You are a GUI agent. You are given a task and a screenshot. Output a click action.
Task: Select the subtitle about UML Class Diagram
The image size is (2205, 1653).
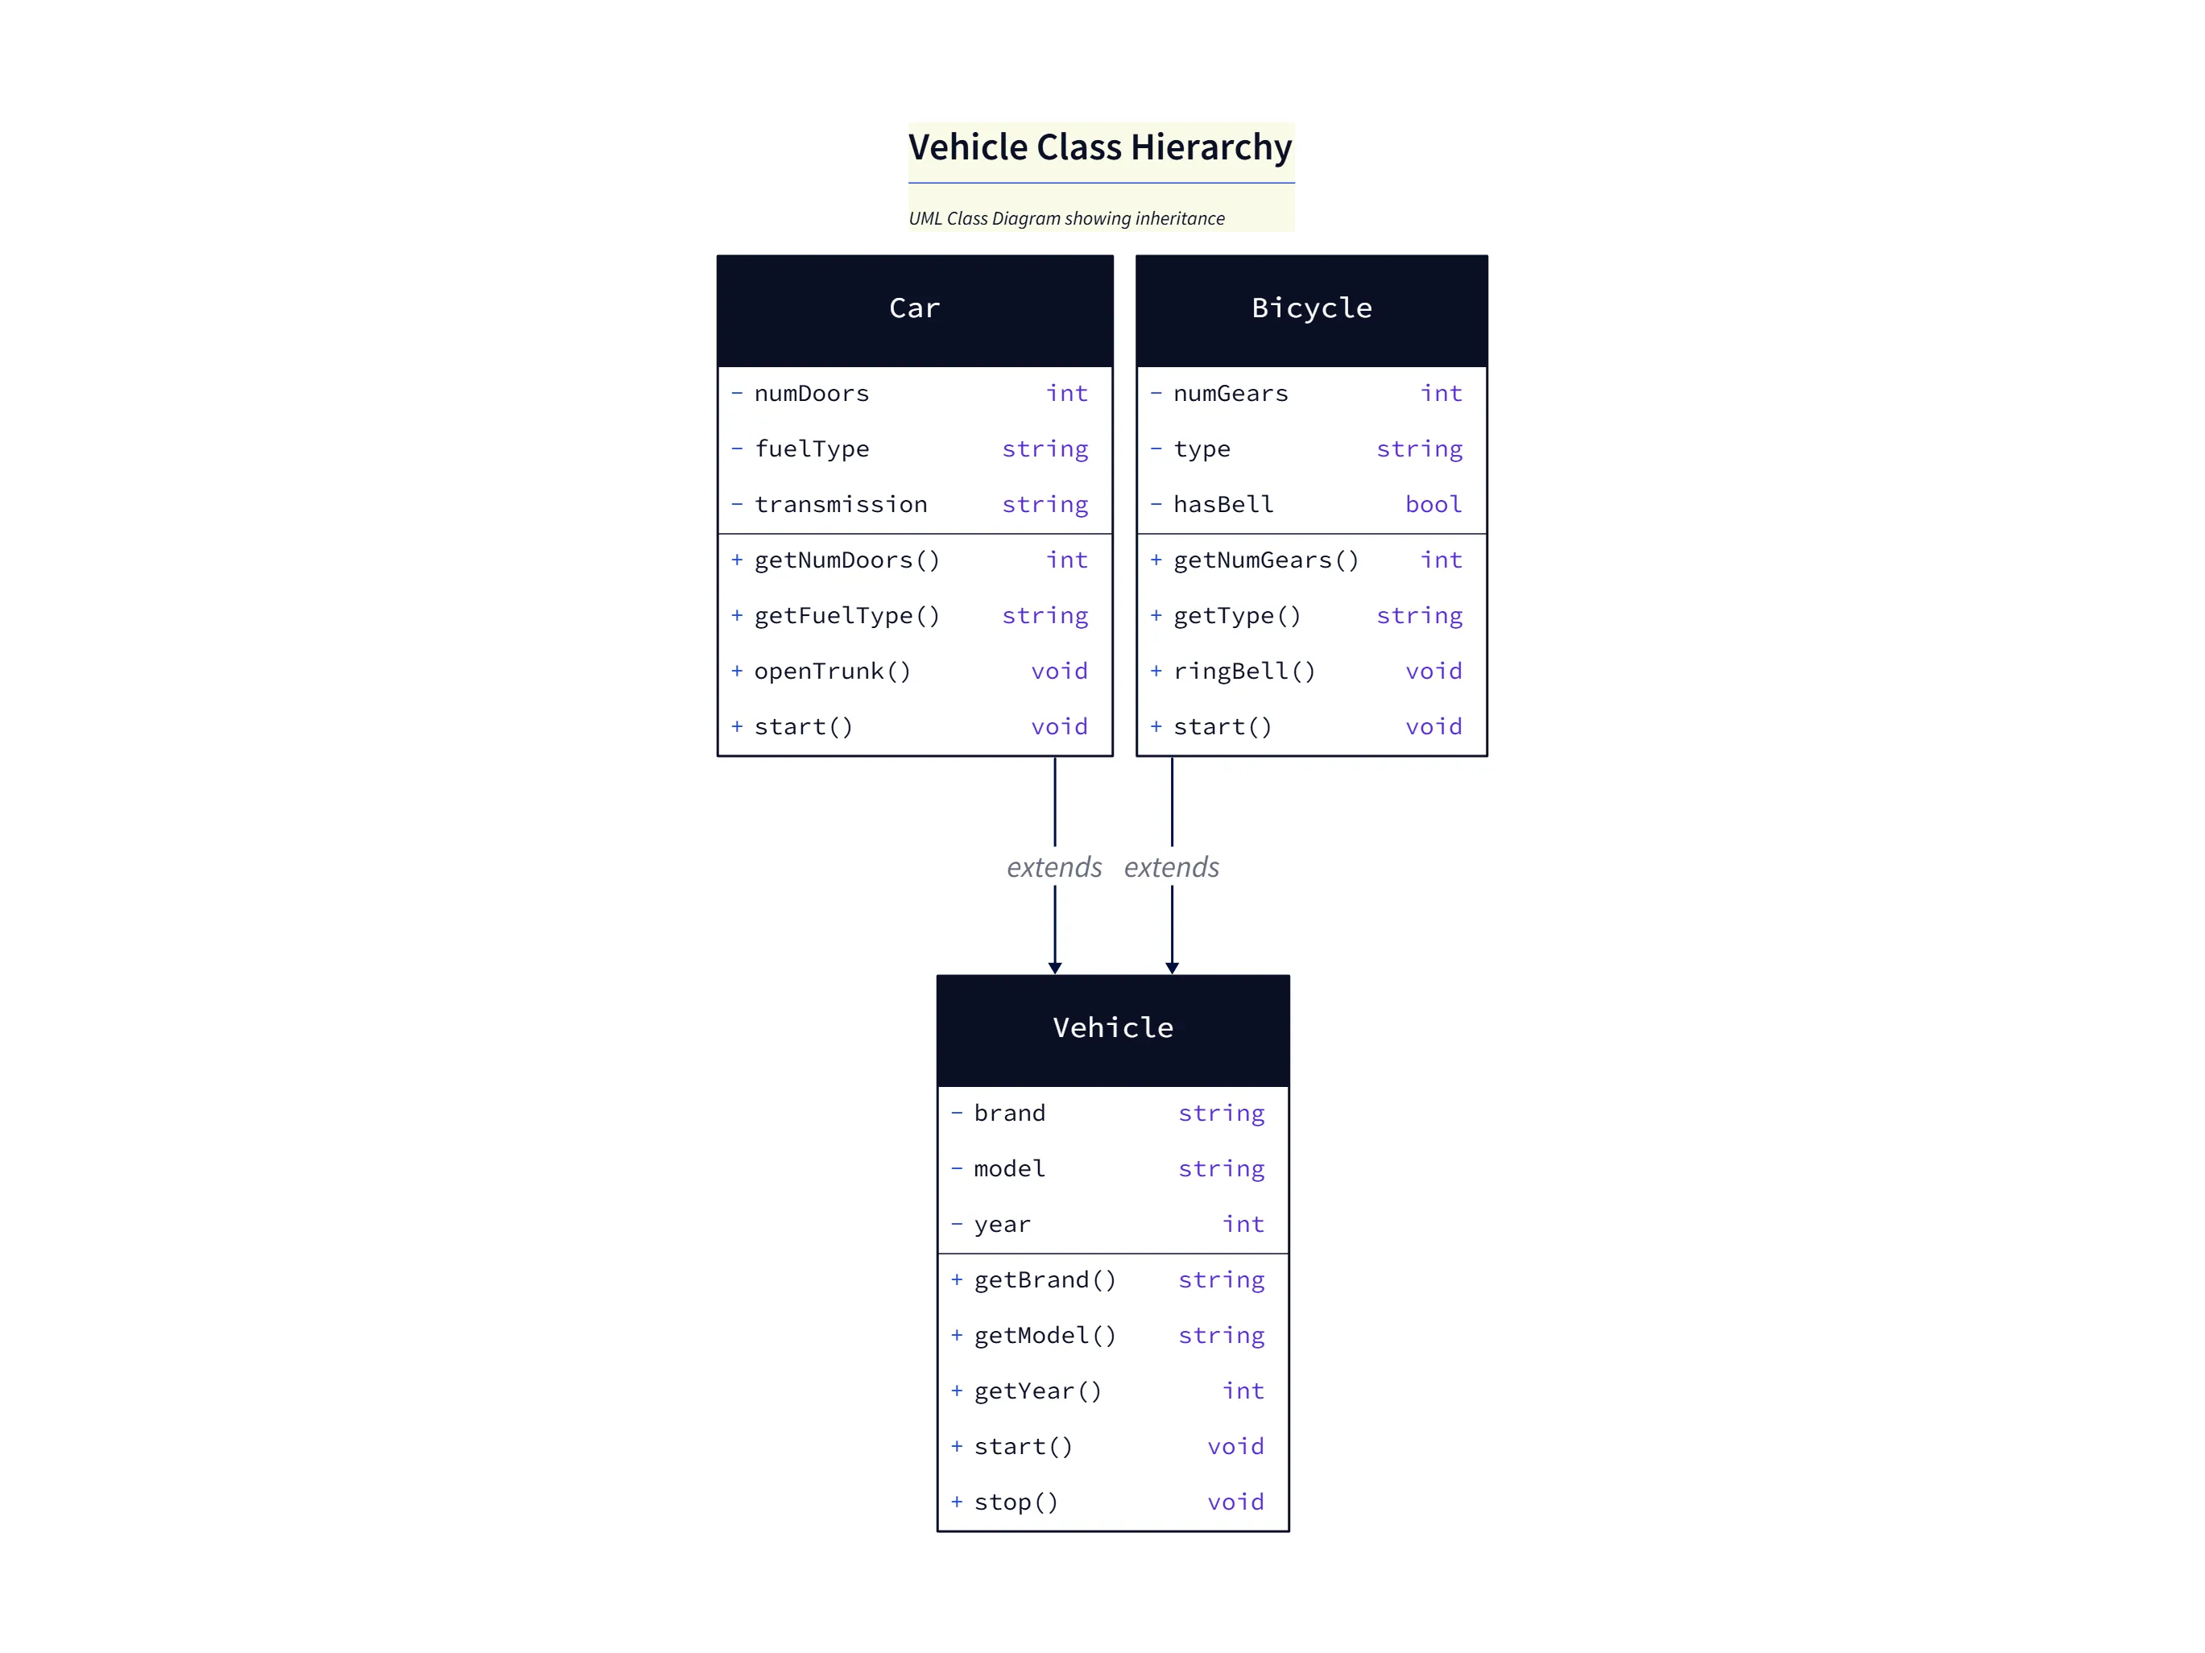click(x=1065, y=218)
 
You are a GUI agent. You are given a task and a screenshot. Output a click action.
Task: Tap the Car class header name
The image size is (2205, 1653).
click(x=914, y=308)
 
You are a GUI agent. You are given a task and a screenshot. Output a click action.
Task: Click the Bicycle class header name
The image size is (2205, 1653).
click(x=1311, y=308)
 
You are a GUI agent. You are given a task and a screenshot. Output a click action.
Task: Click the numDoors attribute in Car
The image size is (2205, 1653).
click(x=812, y=394)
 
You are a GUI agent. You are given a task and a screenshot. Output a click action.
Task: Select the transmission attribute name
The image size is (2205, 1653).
click(x=840, y=504)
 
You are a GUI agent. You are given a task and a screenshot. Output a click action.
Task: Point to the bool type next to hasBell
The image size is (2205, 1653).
click(x=1433, y=504)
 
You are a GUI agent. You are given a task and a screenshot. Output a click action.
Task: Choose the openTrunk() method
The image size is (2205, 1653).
click(x=833, y=671)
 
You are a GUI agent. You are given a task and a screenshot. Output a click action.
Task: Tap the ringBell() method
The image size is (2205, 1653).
click(x=1244, y=671)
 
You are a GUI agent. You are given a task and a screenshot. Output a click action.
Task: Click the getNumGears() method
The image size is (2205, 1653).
click(x=1266, y=560)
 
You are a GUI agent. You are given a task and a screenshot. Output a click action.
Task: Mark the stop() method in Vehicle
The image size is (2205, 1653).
click(x=1016, y=1502)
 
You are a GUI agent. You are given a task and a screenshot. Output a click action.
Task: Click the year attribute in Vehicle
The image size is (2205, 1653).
click(x=1002, y=1224)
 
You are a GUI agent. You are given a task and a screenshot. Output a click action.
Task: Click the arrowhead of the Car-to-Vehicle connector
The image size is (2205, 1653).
click(x=1055, y=968)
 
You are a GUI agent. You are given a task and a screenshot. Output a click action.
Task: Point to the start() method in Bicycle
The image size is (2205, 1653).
click(x=1222, y=726)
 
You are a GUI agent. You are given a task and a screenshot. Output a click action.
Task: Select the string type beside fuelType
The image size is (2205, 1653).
click(x=1045, y=449)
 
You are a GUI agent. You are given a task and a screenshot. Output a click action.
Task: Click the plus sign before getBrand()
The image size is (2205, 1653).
click(x=956, y=1279)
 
